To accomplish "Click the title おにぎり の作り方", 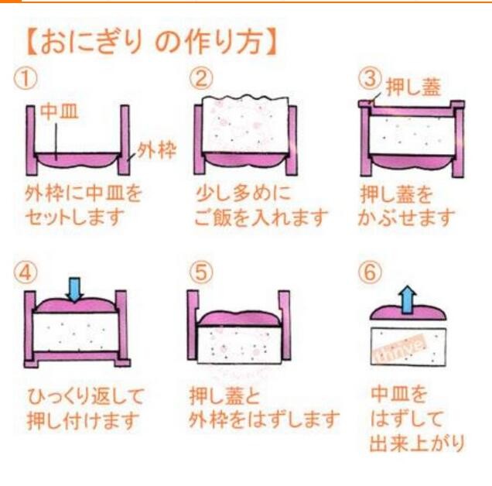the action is tap(152, 43).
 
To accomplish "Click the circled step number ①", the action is tap(25, 78).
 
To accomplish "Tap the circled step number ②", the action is tap(201, 78).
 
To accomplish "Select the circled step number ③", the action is tap(371, 78).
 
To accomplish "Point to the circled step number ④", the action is tap(25, 272).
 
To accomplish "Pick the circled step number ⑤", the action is tap(201, 272).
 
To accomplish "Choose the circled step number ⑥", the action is tap(371, 272).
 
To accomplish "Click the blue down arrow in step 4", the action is tap(74, 289).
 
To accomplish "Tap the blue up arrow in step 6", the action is tap(407, 299).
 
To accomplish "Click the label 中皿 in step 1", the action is tap(60, 112).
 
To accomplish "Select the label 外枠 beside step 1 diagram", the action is tap(156, 151).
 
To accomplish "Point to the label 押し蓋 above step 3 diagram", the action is tap(414, 87).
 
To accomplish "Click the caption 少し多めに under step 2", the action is tap(243, 193).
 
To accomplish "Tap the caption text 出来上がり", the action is tap(417, 443).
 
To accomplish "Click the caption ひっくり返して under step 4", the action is tap(85, 396).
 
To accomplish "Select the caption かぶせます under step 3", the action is tap(406, 217).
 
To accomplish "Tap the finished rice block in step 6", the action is tap(408, 346).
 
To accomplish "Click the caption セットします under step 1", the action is tap(75, 217).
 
